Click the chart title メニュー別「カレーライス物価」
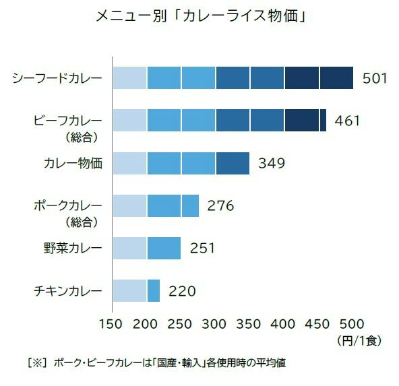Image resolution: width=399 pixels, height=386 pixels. pos(201,17)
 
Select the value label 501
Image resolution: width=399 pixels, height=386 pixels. pos(375,78)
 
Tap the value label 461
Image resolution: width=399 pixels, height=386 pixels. pos(347,121)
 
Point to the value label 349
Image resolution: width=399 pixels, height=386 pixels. pos(272,163)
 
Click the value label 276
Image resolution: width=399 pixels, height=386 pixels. pos(220,205)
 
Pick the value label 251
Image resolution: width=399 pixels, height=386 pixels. pos(202,248)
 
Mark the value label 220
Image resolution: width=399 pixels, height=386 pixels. pos(182,291)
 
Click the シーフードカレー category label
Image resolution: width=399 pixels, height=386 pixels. pos(57,78)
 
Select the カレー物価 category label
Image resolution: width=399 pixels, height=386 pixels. pos(73,163)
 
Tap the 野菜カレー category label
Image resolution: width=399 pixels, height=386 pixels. pos(73,248)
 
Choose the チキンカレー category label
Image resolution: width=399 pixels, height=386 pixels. pos(68,291)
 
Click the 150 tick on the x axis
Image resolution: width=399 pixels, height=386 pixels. pos(111,324)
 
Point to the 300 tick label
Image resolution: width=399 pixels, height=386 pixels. pos(214,324)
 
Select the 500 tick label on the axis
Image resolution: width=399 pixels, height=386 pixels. pos(352,324)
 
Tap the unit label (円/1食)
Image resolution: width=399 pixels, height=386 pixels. pos(359,340)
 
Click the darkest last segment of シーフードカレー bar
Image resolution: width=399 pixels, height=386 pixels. pos(336,78)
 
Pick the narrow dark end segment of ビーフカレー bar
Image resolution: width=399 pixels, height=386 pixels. pos(323,121)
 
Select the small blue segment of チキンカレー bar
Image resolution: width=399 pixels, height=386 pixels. pos(154,290)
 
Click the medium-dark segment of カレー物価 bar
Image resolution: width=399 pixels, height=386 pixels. pos(233,163)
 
